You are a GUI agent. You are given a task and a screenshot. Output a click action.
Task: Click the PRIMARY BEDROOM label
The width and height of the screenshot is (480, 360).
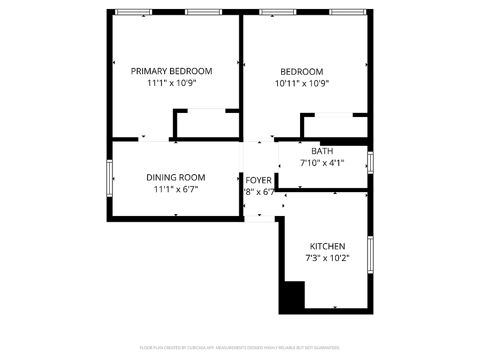(171, 71)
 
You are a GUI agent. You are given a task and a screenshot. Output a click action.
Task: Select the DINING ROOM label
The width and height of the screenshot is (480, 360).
(175, 177)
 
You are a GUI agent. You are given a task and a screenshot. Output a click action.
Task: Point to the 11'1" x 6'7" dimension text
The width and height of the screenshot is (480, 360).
(175, 189)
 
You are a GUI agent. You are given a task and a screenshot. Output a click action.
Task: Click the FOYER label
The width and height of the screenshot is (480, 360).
(259, 180)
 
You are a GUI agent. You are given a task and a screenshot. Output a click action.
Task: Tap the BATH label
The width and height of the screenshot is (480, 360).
(322, 151)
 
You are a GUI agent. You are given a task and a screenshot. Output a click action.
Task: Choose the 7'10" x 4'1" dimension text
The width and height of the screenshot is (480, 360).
(322, 163)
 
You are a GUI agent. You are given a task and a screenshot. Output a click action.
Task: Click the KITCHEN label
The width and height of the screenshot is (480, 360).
(327, 246)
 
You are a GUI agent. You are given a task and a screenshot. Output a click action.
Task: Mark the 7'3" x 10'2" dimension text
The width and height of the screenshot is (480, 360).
(327, 258)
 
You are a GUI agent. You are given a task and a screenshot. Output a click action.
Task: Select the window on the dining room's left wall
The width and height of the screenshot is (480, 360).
(109, 178)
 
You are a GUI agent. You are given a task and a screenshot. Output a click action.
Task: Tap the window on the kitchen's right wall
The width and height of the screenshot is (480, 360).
(370, 255)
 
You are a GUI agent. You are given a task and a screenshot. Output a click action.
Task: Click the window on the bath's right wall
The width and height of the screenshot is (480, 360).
(370, 162)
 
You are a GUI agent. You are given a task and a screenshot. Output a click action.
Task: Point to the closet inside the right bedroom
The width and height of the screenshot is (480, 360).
(334, 127)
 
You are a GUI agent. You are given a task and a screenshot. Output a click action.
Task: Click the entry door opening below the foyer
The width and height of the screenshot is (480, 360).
(260, 219)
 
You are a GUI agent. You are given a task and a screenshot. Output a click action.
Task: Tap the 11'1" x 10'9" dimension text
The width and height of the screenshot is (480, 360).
(171, 83)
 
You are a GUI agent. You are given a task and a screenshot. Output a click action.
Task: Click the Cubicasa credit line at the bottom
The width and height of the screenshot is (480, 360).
(240, 348)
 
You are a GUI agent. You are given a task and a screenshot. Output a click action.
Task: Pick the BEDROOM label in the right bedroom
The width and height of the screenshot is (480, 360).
(302, 72)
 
